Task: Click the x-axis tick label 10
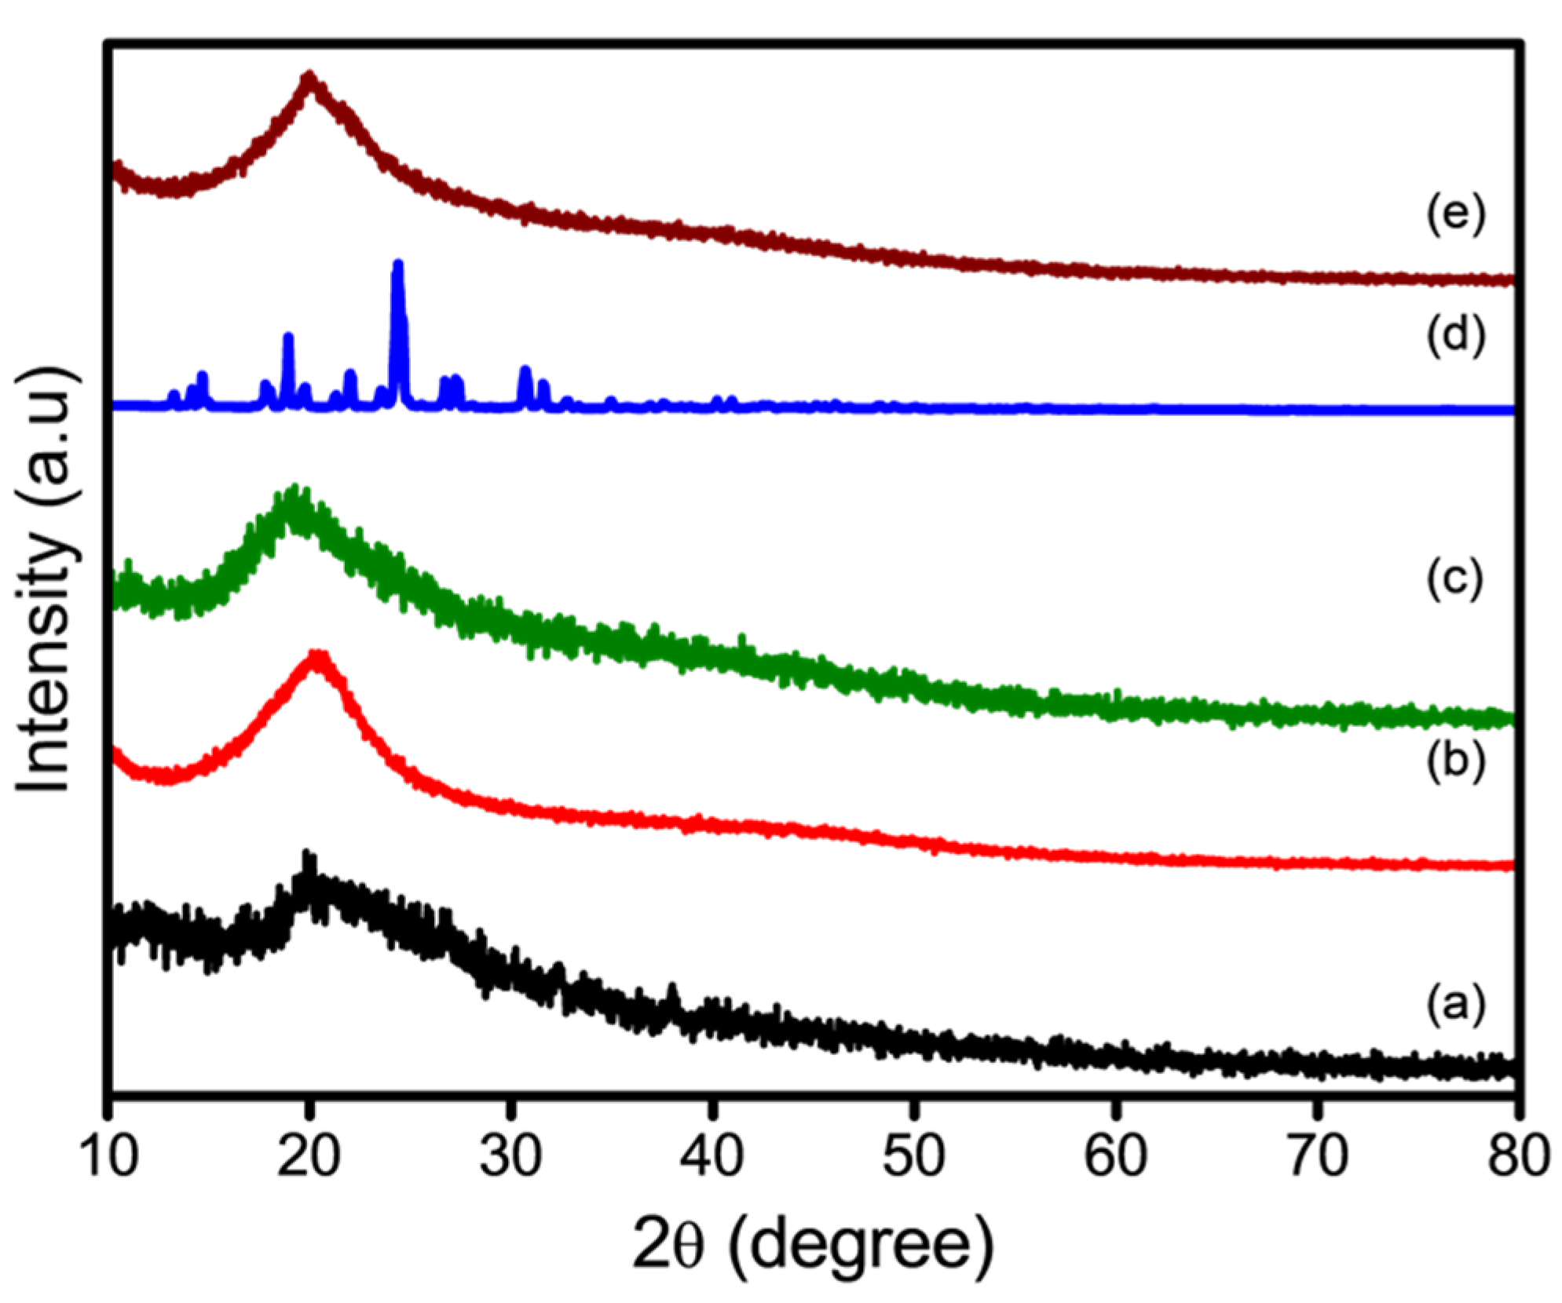pyautogui.click(x=108, y=1156)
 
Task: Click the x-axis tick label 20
pyautogui.click(x=309, y=1156)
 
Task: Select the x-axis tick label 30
pyautogui.click(x=510, y=1156)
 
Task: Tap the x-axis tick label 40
pyautogui.click(x=711, y=1156)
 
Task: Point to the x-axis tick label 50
pyautogui.click(x=913, y=1156)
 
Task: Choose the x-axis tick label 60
pyautogui.click(x=1115, y=1156)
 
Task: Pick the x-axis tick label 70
pyautogui.click(x=1317, y=1156)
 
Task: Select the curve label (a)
pyautogui.click(x=1455, y=1004)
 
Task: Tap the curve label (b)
pyautogui.click(x=1455, y=761)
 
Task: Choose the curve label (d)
pyautogui.click(x=1455, y=336)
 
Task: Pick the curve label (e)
pyautogui.click(x=1455, y=214)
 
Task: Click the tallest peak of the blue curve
pyautogui.click(x=397, y=265)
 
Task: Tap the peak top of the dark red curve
pyautogui.click(x=310, y=76)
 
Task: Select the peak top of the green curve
pyautogui.click(x=295, y=490)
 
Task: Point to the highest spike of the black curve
pyautogui.click(x=308, y=854)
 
